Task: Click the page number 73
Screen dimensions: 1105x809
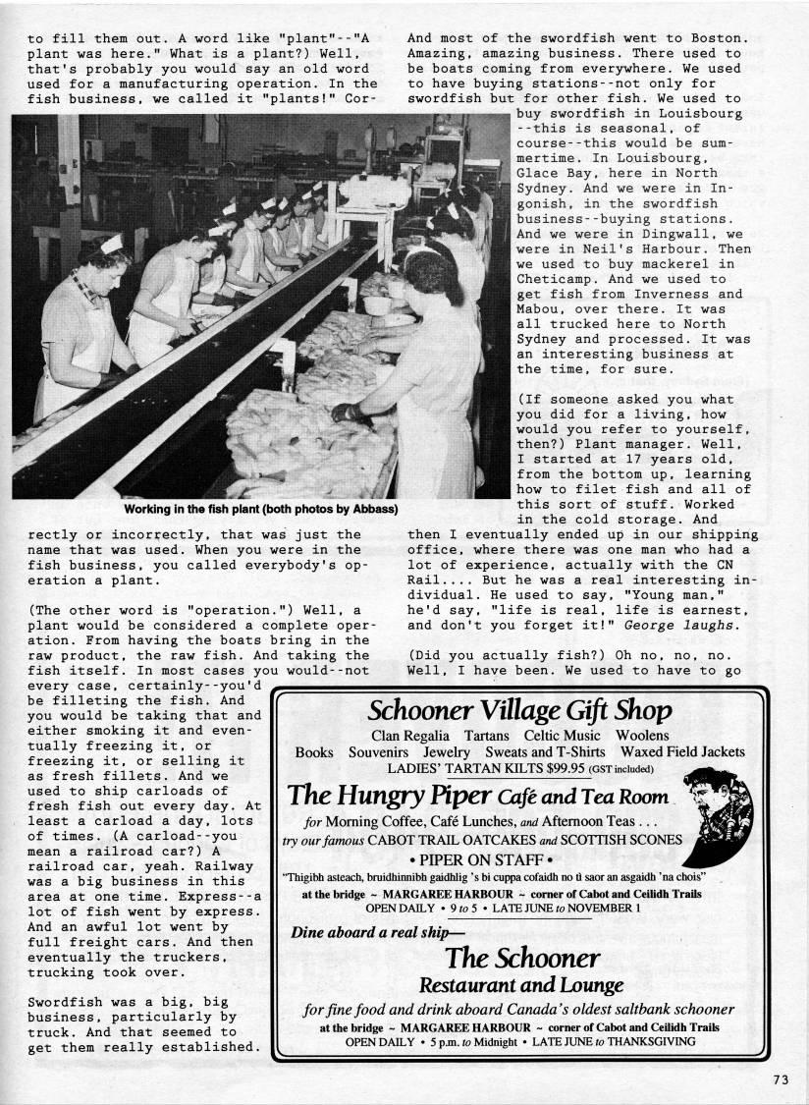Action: tap(781, 1078)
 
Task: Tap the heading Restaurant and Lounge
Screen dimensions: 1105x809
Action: tap(520, 984)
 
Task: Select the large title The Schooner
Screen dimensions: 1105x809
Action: tap(521, 957)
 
